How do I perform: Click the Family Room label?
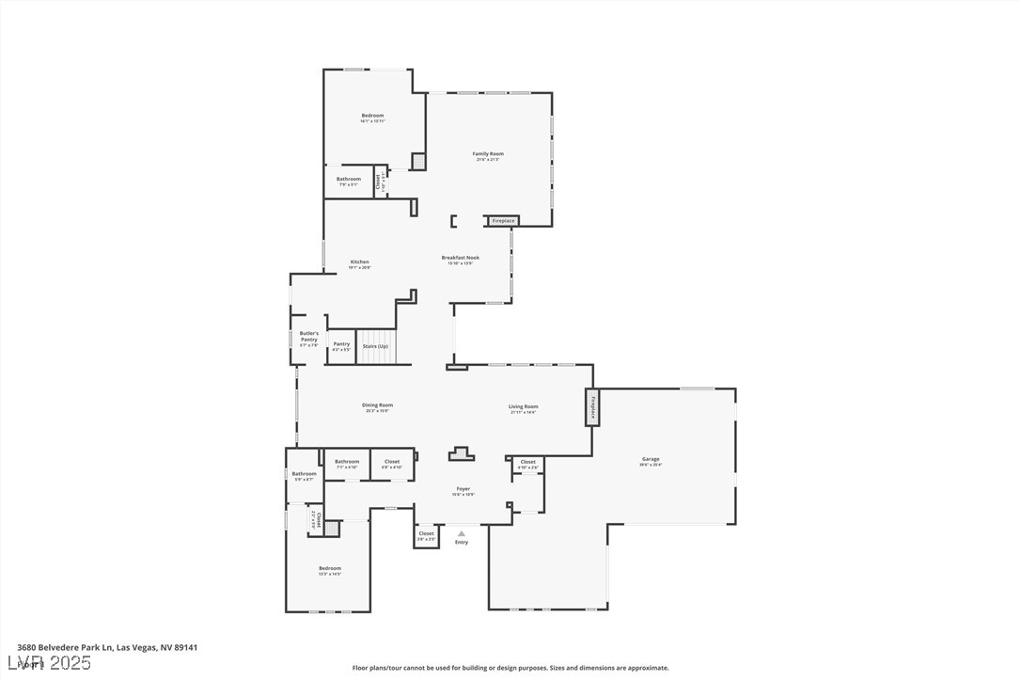[x=488, y=153]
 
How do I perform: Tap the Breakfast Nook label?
[x=461, y=258]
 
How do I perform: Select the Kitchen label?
[x=360, y=262]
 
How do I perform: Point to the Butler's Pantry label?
[x=309, y=337]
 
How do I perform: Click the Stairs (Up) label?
[x=375, y=346]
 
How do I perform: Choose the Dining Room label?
[x=377, y=405]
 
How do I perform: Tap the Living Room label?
[x=524, y=406]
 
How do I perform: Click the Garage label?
[x=651, y=459]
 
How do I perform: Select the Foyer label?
[x=463, y=489]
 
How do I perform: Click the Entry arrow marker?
[x=461, y=533]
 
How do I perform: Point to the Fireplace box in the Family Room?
[x=503, y=221]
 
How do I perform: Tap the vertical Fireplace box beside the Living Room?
[x=592, y=407]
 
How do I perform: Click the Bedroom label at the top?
[x=372, y=116]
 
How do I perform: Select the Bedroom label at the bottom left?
[x=330, y=568]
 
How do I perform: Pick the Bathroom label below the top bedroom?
[x=349, y=179]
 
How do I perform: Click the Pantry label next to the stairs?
[x=341, y=344]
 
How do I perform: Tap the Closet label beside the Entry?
[x=427, y=534]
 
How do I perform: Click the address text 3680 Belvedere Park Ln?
[x=66, y=647]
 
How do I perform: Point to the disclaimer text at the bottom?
[x=510, y=668]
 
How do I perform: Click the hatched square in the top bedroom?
[x=418, y=161]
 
